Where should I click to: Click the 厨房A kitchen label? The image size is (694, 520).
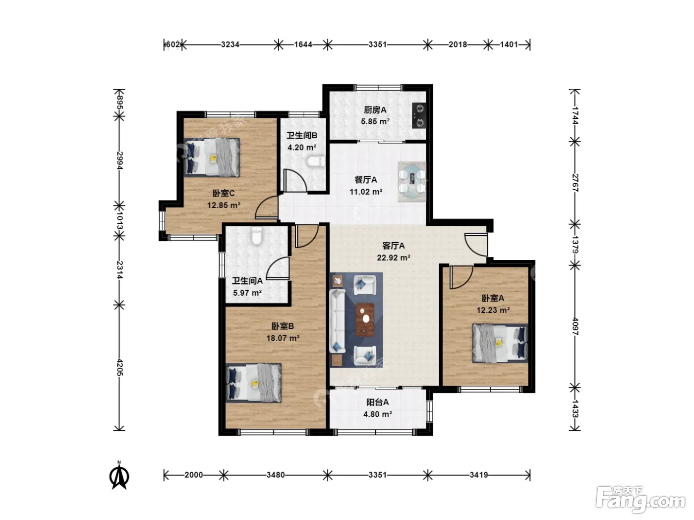click(x=375, y=110)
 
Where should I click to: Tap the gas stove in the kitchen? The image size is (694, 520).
click(x=419, y=115)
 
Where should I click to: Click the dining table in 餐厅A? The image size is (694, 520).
click(x=411, y=182)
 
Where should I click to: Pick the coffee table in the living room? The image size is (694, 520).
click(x=365, y=319)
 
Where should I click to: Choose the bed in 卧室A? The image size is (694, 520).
click(x=500, y=343)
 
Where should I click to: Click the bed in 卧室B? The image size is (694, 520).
click(x=254, y=383)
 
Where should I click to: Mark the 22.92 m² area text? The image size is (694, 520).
click(x=394, y=258)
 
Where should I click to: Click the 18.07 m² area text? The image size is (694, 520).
click(x=283, y=338)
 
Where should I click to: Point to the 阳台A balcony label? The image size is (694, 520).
click(x=378, y=402)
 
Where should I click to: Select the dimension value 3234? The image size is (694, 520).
click(x=230, y=45)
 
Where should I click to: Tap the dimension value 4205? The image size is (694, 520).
click(x=119, y=367)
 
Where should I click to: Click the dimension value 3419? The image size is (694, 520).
click(x=479, y=475)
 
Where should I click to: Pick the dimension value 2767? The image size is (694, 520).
click(x=575, y=183)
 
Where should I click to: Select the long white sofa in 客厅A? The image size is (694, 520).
click(x=337, y=320)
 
